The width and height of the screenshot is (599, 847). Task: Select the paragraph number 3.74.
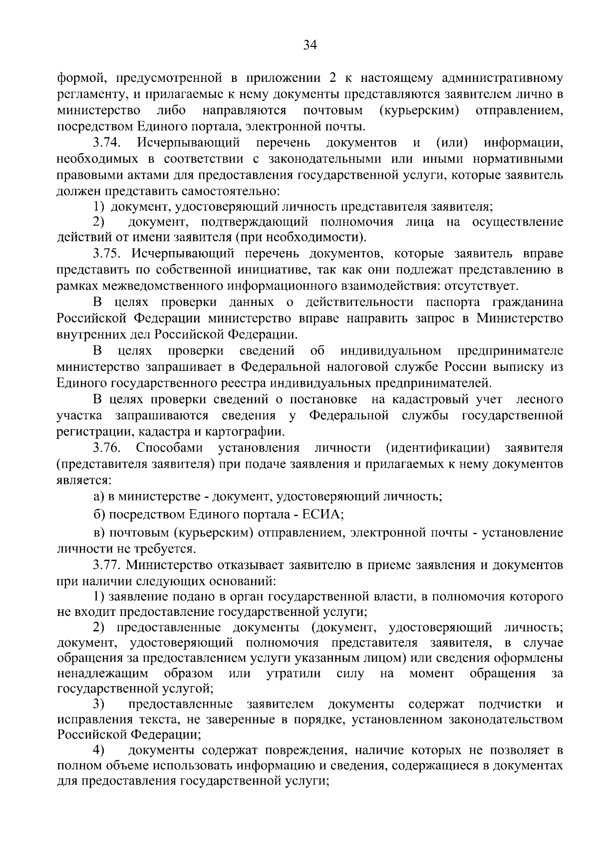point(107,143)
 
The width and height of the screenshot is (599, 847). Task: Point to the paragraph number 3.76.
point(107,447)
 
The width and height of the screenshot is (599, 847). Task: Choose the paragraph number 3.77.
point(107,565)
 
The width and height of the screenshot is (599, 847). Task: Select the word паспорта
point(453,302)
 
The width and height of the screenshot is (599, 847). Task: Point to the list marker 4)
point(100,750)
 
